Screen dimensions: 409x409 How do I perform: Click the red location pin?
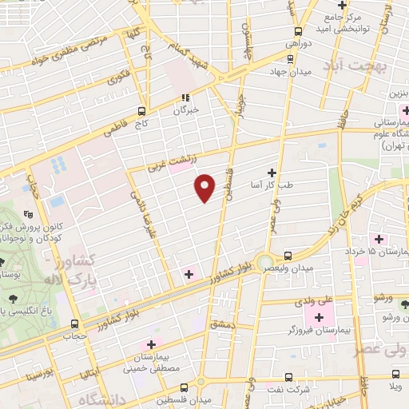[x=206, y=187]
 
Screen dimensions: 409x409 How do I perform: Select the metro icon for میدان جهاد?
[x=290, y=58]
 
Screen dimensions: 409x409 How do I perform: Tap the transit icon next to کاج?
[x=141, y=111]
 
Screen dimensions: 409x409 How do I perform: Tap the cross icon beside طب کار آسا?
[x=272, y=172]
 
